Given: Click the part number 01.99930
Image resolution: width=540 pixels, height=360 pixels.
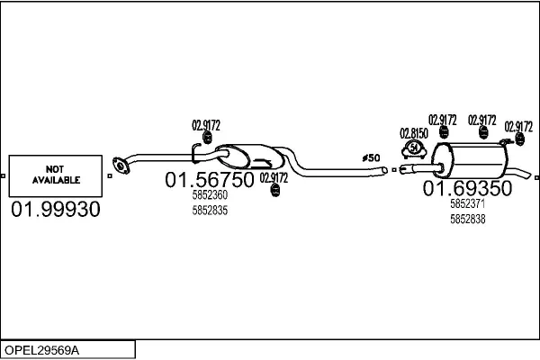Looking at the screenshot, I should click(x=56, y=210).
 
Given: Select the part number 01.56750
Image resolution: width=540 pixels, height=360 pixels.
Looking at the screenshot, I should click(x=209, y=180).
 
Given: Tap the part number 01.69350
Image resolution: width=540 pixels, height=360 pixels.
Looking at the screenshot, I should click(x=467, y=188).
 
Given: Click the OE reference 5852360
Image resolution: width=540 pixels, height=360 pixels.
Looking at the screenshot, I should click(x=210, y=195).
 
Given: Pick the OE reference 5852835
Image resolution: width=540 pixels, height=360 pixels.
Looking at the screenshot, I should click(x=210, y=210).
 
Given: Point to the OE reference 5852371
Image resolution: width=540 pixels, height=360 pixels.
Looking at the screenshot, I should click(x=467, y=204).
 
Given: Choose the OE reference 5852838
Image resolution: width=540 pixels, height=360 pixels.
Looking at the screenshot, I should click(x=467, y=219).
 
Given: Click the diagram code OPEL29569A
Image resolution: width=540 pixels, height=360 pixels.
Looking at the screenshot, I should click(x=42, y=349).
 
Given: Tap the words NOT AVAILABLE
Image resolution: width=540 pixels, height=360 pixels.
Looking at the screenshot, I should click(x=57, y=175).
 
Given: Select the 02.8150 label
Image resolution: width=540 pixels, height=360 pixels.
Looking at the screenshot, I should click(x=413, y=132).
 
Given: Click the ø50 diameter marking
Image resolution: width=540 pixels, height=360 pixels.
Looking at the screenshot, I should click(x=371, y=157).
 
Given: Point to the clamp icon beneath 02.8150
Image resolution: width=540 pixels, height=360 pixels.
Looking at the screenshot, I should click(x=413, y=149).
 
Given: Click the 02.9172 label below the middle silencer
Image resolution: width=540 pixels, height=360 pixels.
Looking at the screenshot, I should click(x=274, y=177).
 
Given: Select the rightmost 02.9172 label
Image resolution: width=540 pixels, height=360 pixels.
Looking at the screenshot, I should click(x=518, y=126).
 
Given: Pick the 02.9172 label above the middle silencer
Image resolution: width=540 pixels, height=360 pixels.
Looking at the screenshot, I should click(x=206, y=124).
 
